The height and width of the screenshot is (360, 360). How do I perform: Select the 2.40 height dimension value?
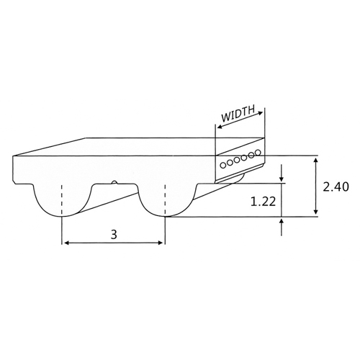click(x=336, y=186)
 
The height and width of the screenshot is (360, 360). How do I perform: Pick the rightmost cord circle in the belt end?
click(x=257, y=153)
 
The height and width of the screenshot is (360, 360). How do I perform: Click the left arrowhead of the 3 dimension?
click(x=66, y=243)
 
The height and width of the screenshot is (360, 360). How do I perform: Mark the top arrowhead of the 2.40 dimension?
click(x=317, y=160)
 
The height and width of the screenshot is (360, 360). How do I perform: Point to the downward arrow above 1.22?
click(x=282, y=179)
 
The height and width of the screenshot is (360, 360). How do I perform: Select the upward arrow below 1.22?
click(x=282, y=221)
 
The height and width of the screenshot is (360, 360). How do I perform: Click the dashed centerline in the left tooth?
click(x=63, y=198)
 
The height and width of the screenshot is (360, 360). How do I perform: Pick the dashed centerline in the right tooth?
click(x=166, y=198)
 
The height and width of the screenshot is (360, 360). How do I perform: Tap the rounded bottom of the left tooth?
click(x=62, y=215)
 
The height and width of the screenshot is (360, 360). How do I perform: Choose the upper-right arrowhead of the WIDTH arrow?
click(x=261, y=112)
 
